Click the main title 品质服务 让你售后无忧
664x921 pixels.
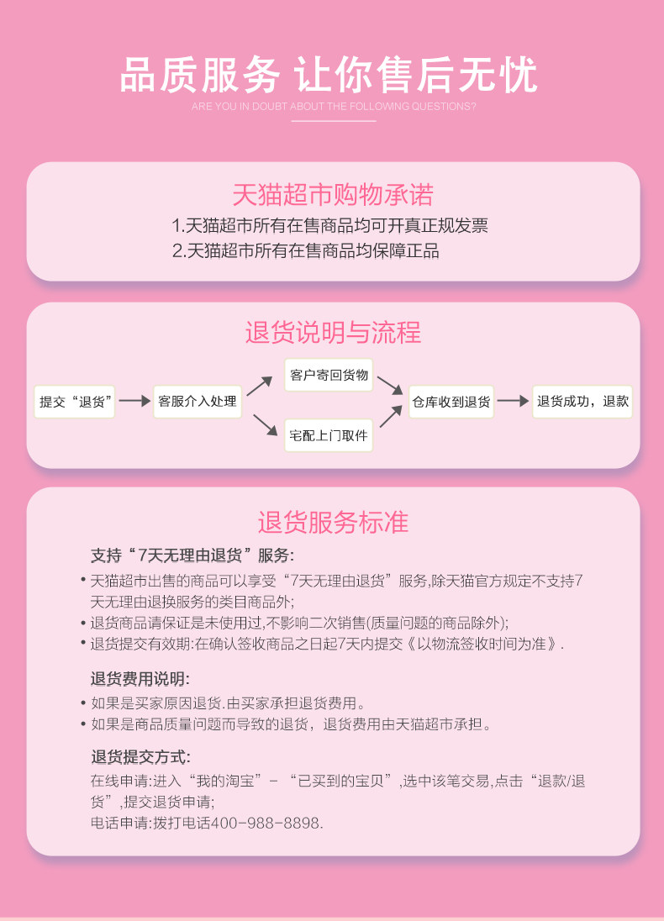click(329, 75)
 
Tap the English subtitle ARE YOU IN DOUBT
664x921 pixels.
click(334, 107)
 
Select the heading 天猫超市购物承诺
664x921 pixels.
click(332, 195)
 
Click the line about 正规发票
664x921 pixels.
click(329, 225)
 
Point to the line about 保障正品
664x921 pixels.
click(305, 251)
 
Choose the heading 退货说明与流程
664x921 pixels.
click(333, 332)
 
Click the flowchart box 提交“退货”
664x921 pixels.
click(74, 402)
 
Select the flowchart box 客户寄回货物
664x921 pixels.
click(329, 375)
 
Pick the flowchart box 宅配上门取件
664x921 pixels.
click(329, 435)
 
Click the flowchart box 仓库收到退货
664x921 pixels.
click(451, 402)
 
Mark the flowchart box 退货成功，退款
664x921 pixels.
click(582, 402)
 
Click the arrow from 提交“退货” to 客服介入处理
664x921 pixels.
click(134, 402)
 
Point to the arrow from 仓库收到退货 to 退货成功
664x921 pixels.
click(513, 402)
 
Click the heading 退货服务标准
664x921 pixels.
click(333, 522)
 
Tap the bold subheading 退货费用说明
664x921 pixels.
click(140, 679)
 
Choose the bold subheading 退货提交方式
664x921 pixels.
click(140, 756)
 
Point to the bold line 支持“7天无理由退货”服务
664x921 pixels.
click(192, 555)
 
